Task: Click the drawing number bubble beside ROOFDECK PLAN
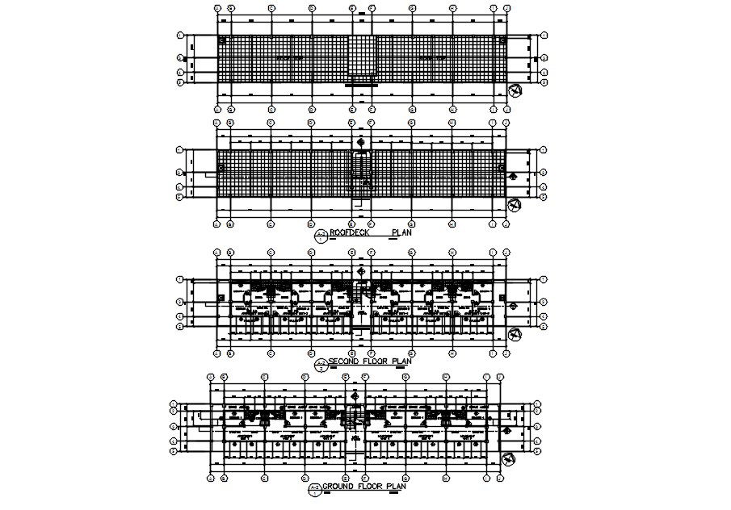tap(321, 236)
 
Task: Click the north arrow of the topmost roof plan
tap(514, 90)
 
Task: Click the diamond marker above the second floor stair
tap(360, 271)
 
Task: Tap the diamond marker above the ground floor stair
tap(354, 395)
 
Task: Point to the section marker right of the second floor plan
tap(512, 303)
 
